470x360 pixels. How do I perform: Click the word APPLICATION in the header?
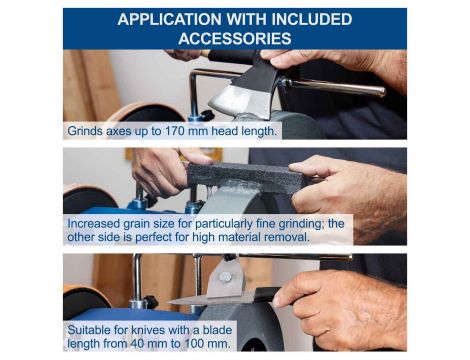pos(169,19)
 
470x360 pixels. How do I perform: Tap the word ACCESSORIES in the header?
pos(235,39)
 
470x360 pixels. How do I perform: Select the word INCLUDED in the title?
pos(312,19)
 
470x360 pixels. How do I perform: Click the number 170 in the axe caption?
pos(175,131)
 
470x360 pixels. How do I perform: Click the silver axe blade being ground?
pos(241,100)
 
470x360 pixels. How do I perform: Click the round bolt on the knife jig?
pos(225,277)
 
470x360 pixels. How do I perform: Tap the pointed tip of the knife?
pos(169,302)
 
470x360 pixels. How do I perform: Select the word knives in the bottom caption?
pos(148,330)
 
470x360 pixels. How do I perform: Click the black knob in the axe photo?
pos(207,115)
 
